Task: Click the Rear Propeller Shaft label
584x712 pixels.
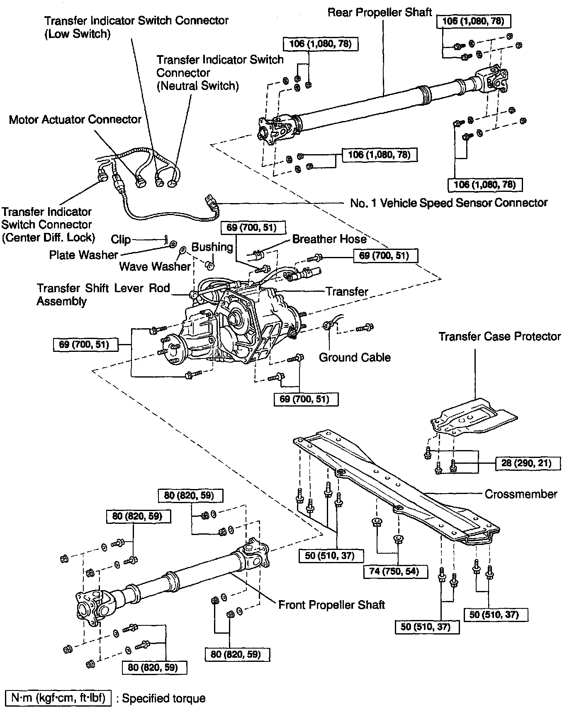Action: [x=380, y=12]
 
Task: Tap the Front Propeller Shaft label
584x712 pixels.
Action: [x=331, y=605]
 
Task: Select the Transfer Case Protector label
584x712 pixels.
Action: [x=499, y=337]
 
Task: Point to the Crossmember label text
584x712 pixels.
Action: [x=521, y=494]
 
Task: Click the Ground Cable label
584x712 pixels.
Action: [x=355, y=357]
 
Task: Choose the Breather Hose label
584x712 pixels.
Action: [x=329, y=239]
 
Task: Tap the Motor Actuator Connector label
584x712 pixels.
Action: [x=75, y=120]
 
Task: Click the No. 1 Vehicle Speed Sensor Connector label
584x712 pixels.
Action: [x=449, y=203]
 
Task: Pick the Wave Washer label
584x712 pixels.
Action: [x=155, y=266]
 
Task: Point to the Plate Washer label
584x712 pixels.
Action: [x=83, y=255]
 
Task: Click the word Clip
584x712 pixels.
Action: [x=121, y=240]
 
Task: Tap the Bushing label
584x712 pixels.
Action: [x=212, y=247]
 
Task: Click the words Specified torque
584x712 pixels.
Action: [x=163, y=699]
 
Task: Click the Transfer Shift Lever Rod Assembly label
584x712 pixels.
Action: [x=103, y=294]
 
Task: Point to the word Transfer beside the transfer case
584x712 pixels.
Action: [x=347, y=292]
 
